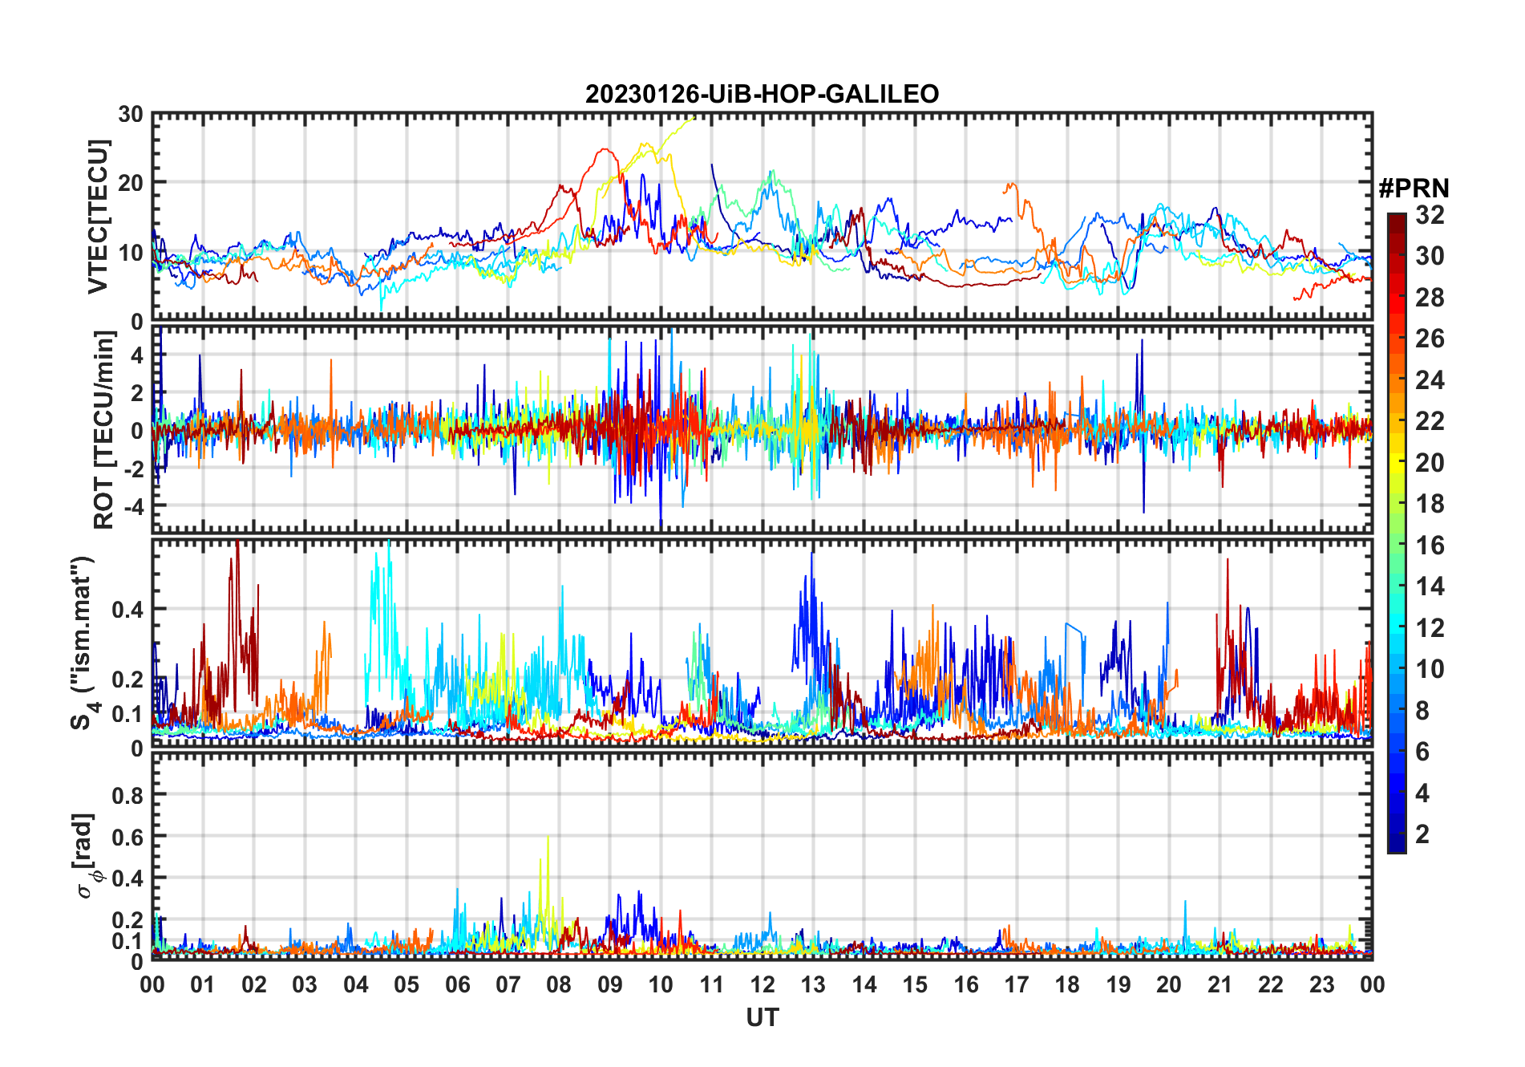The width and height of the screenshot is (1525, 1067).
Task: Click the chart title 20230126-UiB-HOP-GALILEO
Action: (762, 95)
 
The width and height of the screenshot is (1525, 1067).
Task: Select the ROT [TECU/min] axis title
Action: (103, 430)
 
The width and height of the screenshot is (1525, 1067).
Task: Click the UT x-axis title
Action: (762, 1018)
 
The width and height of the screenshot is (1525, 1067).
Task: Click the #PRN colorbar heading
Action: (1414, 189)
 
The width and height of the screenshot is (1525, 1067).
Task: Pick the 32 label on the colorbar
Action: (1430, 215)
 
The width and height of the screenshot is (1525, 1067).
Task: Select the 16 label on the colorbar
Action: (1430, 546)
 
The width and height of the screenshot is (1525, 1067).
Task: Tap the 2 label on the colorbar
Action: (1422, 834)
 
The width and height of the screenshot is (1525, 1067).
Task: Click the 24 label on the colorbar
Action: (1430, 380)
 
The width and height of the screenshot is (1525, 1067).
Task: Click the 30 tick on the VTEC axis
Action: (131, 115)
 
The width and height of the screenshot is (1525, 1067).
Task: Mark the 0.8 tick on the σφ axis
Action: (127, 795)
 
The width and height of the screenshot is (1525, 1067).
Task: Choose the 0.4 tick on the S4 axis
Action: (127, 610)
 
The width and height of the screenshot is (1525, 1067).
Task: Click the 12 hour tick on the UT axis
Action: (762, 985)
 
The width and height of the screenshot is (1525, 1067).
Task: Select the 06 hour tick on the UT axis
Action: (457, 985)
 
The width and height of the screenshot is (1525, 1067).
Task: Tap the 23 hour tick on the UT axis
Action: (1321, 985)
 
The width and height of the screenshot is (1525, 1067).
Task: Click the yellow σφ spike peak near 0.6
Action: (548, 838)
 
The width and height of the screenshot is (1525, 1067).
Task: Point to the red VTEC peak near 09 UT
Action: (605, 149)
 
